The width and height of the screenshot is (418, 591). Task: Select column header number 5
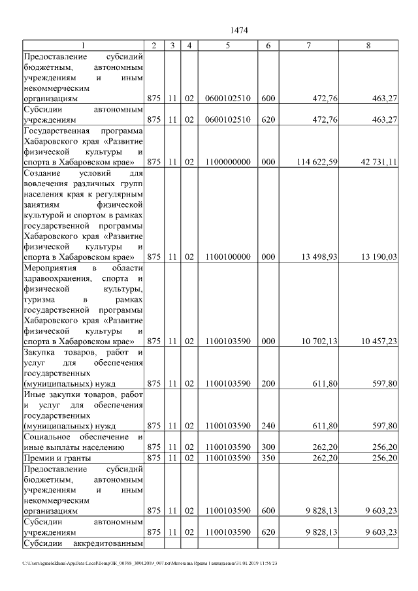point(227,46)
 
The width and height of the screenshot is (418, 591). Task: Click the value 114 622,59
point(315,162)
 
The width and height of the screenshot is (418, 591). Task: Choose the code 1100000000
point(227,162)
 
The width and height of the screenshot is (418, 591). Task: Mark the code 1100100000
point(227,257)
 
